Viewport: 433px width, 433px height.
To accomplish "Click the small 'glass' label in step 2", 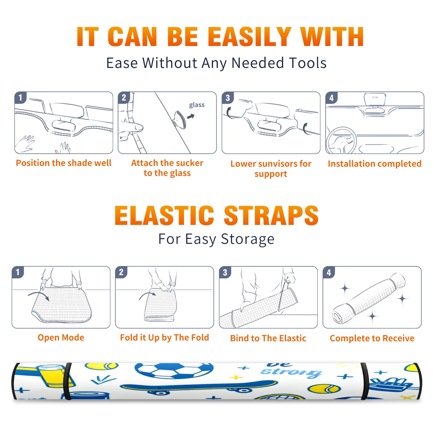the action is click(x=197, y=105).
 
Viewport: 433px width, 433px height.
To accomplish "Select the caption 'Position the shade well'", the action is click(x=64, y=163).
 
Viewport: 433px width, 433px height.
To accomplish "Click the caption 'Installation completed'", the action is click(x=375, y=163).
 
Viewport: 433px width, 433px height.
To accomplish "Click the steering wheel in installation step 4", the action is click(x=341, y=141).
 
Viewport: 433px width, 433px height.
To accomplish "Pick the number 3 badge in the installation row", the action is click(x=228, y=98).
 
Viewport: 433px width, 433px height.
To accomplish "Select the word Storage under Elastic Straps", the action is click(x=248, y=239).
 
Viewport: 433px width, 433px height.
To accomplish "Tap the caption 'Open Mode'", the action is click(x=61, y=337).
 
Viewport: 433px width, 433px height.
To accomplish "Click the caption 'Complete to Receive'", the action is click(x=372, y=338).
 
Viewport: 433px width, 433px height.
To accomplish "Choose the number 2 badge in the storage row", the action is click(x=121, y=272).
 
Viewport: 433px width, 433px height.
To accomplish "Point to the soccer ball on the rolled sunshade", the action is click(x=174, y=370).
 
